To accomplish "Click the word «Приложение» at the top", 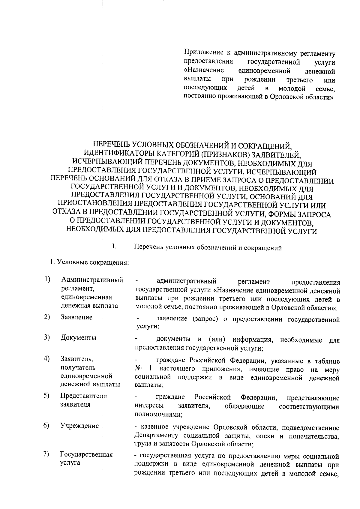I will click(202, 53).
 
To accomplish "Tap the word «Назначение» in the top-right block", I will click(204, 71).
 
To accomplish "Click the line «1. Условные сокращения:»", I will click(89, 263).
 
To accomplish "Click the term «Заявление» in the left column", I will click(76, 317).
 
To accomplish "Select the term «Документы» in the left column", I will click(78, 338).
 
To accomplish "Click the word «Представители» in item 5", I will click(83, 396).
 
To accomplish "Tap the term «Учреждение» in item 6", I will click(79, 426).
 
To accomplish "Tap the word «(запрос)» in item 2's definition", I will click(205, 319).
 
